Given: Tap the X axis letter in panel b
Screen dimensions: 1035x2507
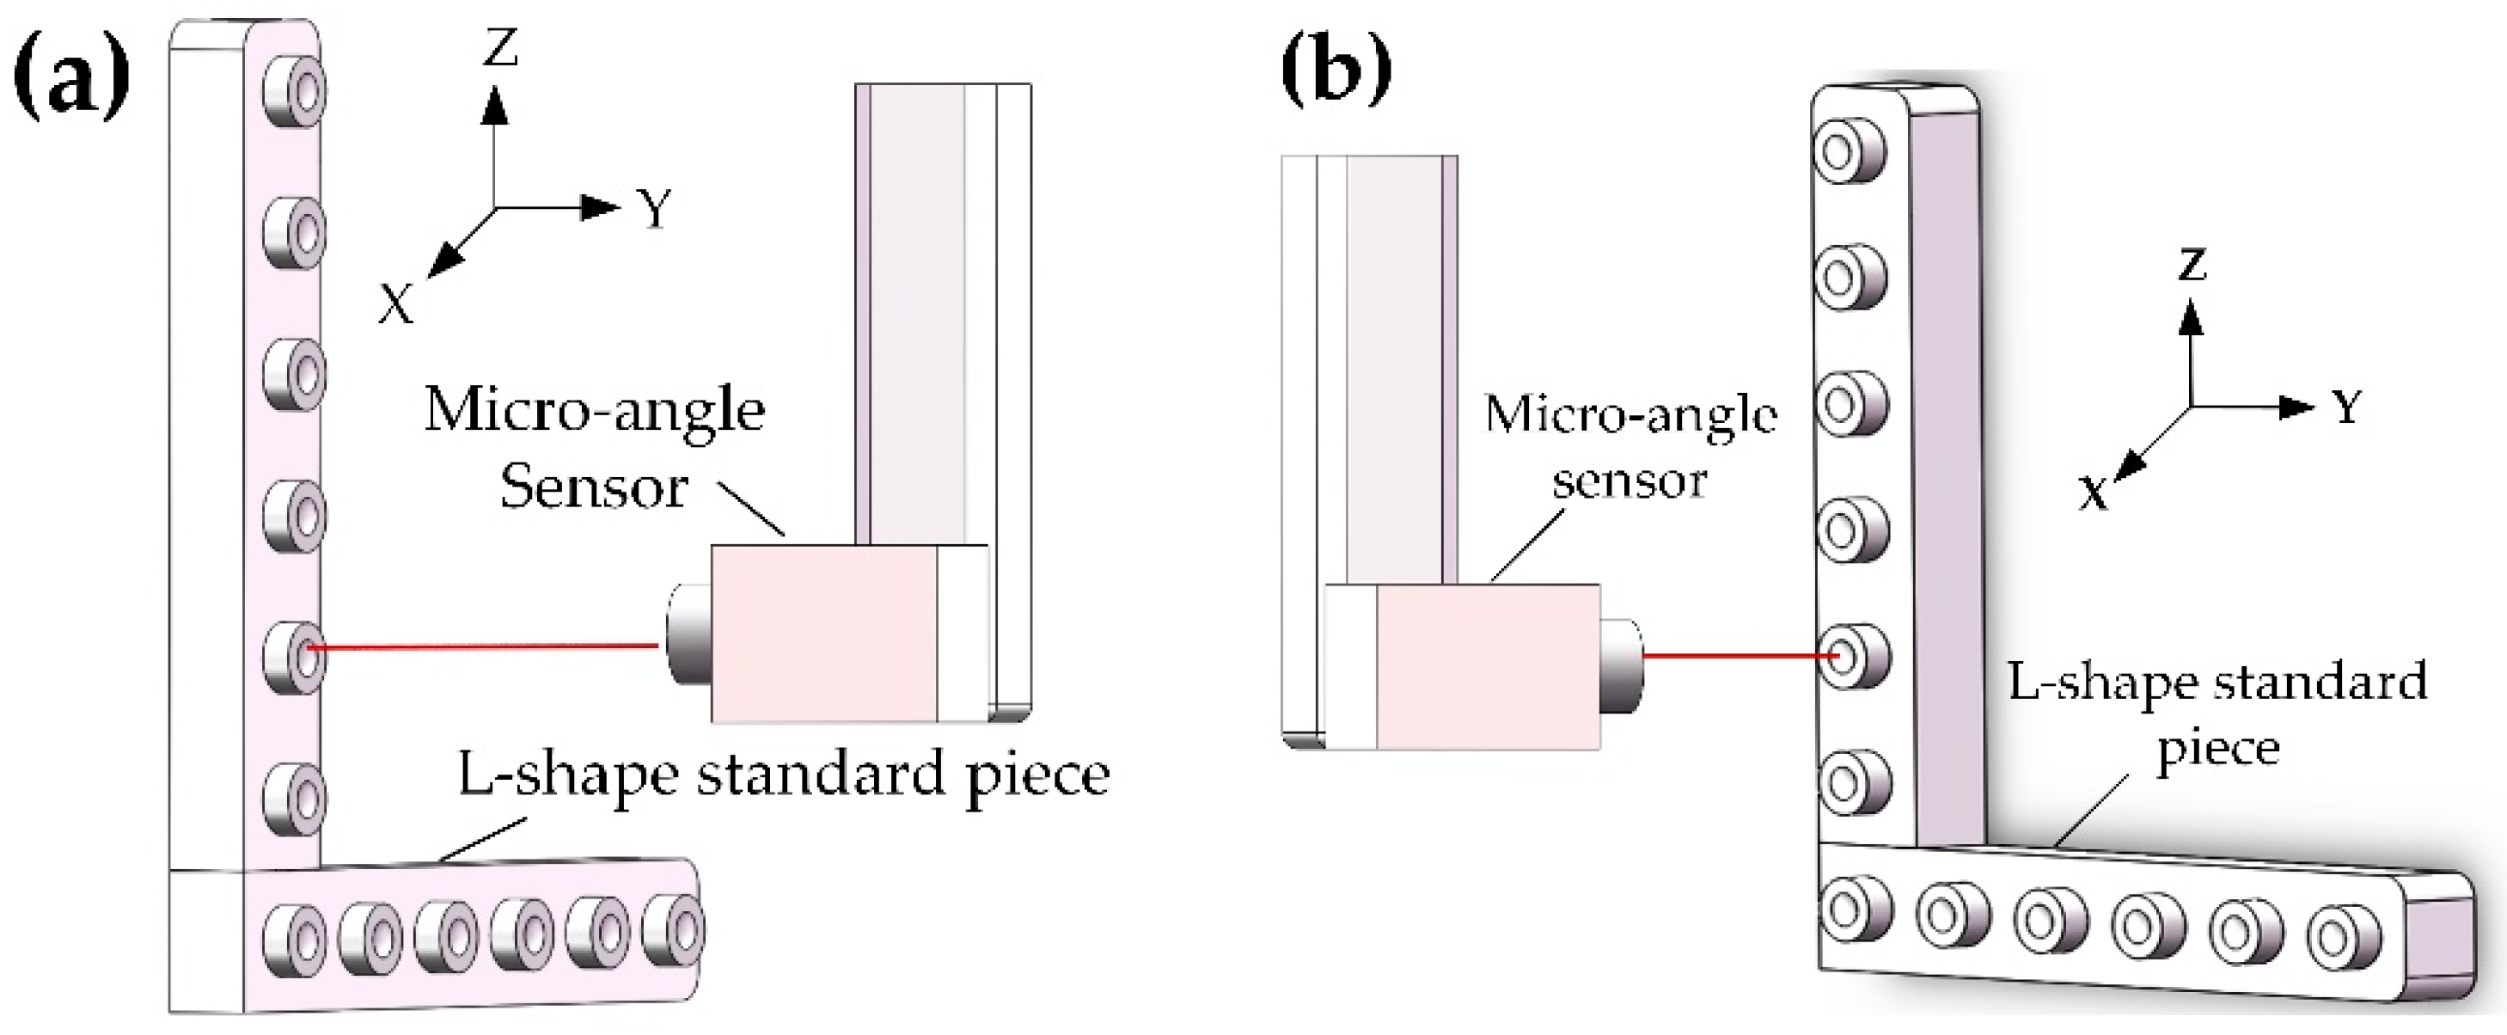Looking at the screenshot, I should (2093, 494).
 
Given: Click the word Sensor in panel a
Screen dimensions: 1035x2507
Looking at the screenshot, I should (594, 487).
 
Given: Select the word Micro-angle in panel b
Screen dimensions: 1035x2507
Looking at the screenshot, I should (1630, 416).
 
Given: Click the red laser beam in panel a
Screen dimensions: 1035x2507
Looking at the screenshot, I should (482, 646).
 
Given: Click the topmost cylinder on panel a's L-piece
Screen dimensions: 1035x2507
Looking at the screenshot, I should (295, 93).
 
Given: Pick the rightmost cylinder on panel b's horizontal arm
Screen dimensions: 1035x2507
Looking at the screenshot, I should (2344, 938).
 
